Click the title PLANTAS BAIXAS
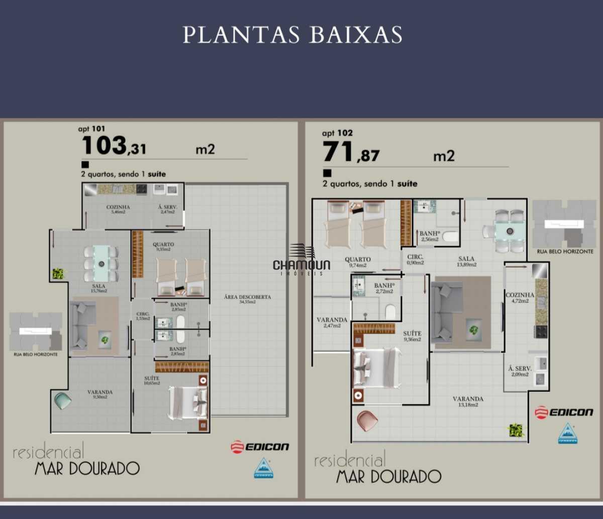tap(292, 35)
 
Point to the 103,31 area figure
tap(114, 146)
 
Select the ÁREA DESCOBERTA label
tap(247, 299)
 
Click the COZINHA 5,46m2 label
tap(118, 209)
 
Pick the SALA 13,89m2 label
tap(466, 262)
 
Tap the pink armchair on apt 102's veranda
tap(367, 421)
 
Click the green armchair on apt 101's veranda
tap(63, 401)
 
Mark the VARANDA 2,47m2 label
tap(332, 322)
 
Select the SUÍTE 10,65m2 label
tap(152, 380)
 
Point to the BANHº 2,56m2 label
tap(429, 236)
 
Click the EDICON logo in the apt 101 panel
tap(260, 447)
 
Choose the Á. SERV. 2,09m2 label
tap(520, 371)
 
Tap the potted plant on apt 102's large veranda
tap(516, 430)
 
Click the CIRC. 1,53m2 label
tap(143, 316)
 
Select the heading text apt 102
tap(337, 133)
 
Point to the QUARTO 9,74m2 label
tap(358, 262)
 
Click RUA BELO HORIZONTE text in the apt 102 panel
tap(565, 251)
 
